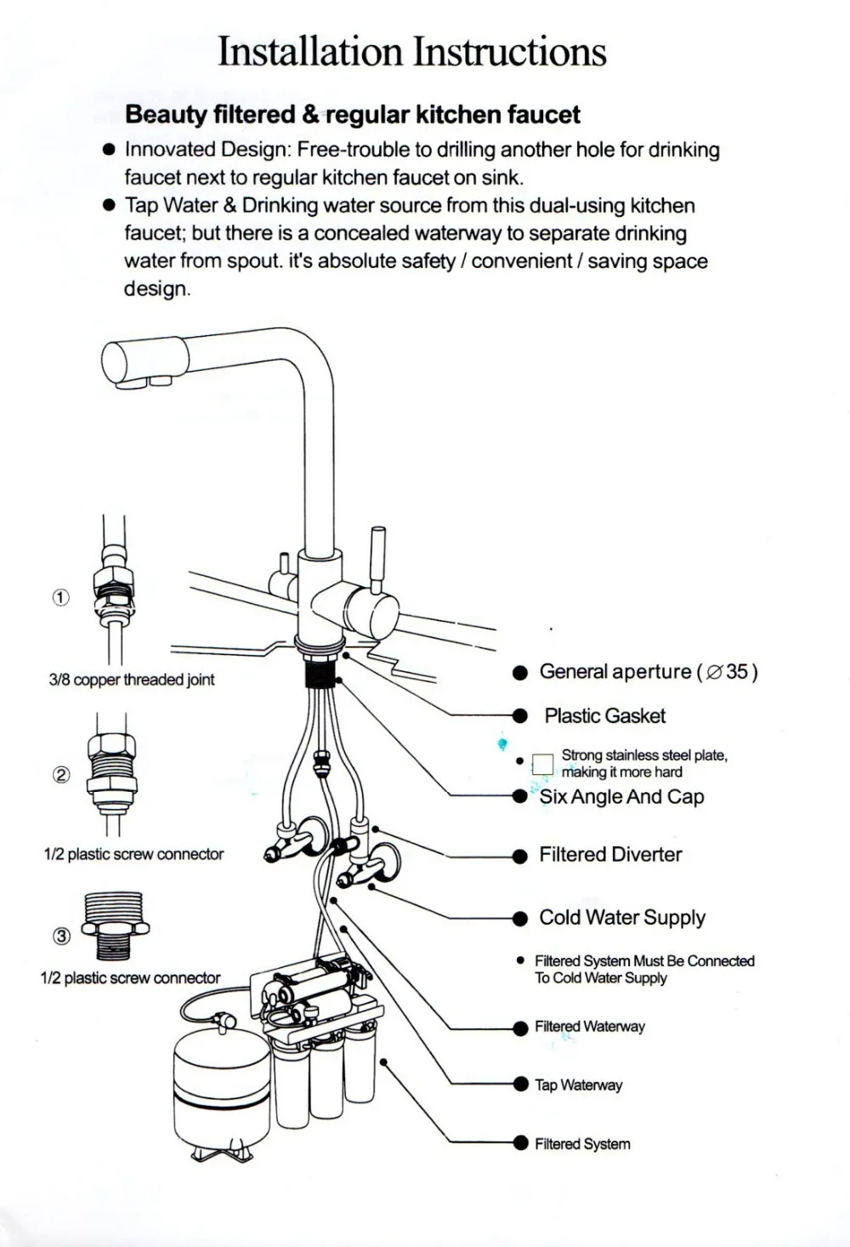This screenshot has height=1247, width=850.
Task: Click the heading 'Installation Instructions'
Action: pos(412,52)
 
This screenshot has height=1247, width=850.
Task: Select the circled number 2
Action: pos(61,775)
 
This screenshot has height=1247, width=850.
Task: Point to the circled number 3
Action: pos(61,937)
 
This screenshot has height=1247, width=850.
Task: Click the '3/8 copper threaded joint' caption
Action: pos(132,680)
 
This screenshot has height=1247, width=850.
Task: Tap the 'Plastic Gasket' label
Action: pos(604,716)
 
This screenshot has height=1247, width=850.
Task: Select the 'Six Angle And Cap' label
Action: pos(621,797)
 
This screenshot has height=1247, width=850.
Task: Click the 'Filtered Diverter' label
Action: pos(610,855)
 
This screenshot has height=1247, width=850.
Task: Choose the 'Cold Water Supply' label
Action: pos(622,918)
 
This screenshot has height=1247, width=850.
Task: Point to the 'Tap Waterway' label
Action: pos(578,1085)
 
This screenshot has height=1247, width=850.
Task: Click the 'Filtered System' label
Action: pos(582,1144)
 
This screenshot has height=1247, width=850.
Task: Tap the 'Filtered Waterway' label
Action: pos(589,1027)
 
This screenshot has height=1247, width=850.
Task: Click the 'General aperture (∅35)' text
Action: pos(648,672)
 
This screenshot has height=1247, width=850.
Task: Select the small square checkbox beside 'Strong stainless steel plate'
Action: pos(542,763)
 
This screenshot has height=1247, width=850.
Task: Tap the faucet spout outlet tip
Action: pos(136,379)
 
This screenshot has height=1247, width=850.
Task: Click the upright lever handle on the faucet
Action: pos(377,557)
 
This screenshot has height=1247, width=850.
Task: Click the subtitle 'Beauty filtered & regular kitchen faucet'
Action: pos(353,115)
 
